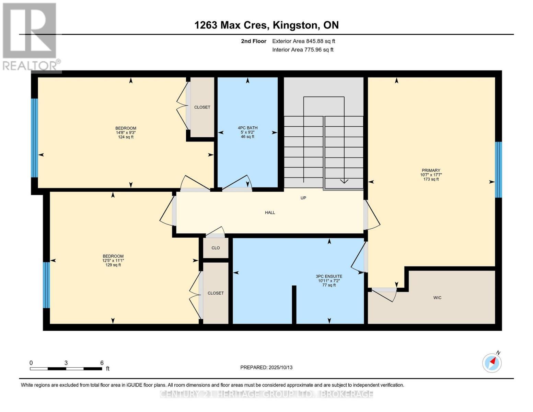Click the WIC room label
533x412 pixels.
(x=437, y=298)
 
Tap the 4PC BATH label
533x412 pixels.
(x=247, y=128)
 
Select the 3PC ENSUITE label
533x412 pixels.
(x=329, y=276)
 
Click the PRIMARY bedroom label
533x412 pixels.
(x=431, y=171)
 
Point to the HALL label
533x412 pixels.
(x=270, y=213)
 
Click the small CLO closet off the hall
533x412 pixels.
(x=216, y=248)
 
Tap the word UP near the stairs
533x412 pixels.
(x=303, y=198)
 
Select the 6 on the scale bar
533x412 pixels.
(x=102, y=363)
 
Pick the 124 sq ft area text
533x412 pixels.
(x=126, y=137)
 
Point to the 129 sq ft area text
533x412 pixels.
(x=113, y=265)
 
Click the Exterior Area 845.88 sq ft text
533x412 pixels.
(x=303, y=41)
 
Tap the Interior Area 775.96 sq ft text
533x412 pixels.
(x=303, y=50)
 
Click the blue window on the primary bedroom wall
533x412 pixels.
(x=498, y=170)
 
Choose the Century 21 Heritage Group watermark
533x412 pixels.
(x=266, y=394)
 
